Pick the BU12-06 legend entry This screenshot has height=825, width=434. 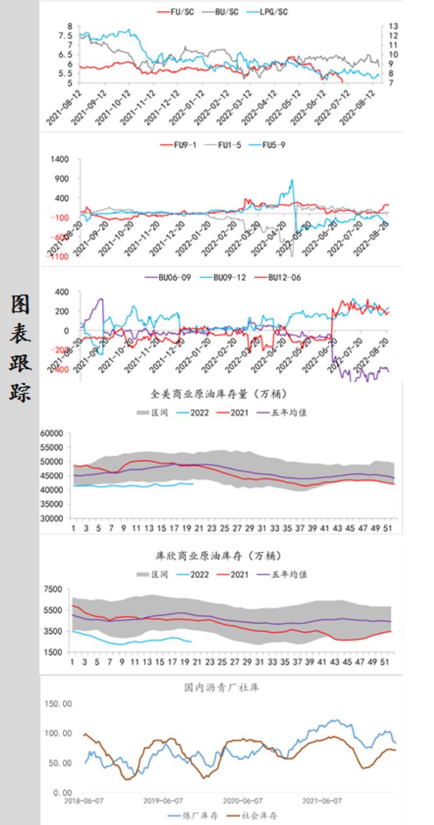click(284, 278)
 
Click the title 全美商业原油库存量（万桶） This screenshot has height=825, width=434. click(220, 393)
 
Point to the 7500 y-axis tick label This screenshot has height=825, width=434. click(54, 589)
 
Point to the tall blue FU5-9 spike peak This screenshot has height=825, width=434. click(292, 180)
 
